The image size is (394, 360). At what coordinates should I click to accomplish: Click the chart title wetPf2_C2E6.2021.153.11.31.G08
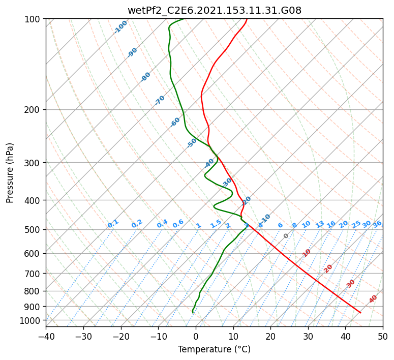214,10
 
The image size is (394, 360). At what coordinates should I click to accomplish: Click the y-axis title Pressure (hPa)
10,172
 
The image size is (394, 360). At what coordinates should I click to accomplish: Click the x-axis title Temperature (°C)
214,349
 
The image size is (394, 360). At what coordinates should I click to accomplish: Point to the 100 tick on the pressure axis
34,19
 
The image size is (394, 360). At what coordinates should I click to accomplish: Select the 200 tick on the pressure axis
34,109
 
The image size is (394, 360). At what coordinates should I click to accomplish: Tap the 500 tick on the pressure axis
34,229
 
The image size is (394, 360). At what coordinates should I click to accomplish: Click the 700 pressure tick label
34,273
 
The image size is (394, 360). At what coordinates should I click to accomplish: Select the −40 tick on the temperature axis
46,336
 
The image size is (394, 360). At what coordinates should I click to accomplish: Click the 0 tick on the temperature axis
196,336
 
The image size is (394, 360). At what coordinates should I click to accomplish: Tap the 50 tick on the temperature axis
383,336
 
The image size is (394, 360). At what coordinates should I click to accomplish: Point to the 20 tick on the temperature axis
270,336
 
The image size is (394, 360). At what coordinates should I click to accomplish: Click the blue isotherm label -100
120,27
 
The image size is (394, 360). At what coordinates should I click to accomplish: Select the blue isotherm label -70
160,100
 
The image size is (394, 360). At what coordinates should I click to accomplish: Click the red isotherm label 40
373,299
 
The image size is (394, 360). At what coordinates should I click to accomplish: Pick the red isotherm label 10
307,253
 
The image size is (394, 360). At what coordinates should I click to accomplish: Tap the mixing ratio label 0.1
113,224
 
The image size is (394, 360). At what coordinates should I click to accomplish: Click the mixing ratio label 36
377,224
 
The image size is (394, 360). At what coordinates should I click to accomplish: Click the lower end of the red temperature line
360,313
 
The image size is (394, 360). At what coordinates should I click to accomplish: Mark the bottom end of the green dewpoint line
193,312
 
